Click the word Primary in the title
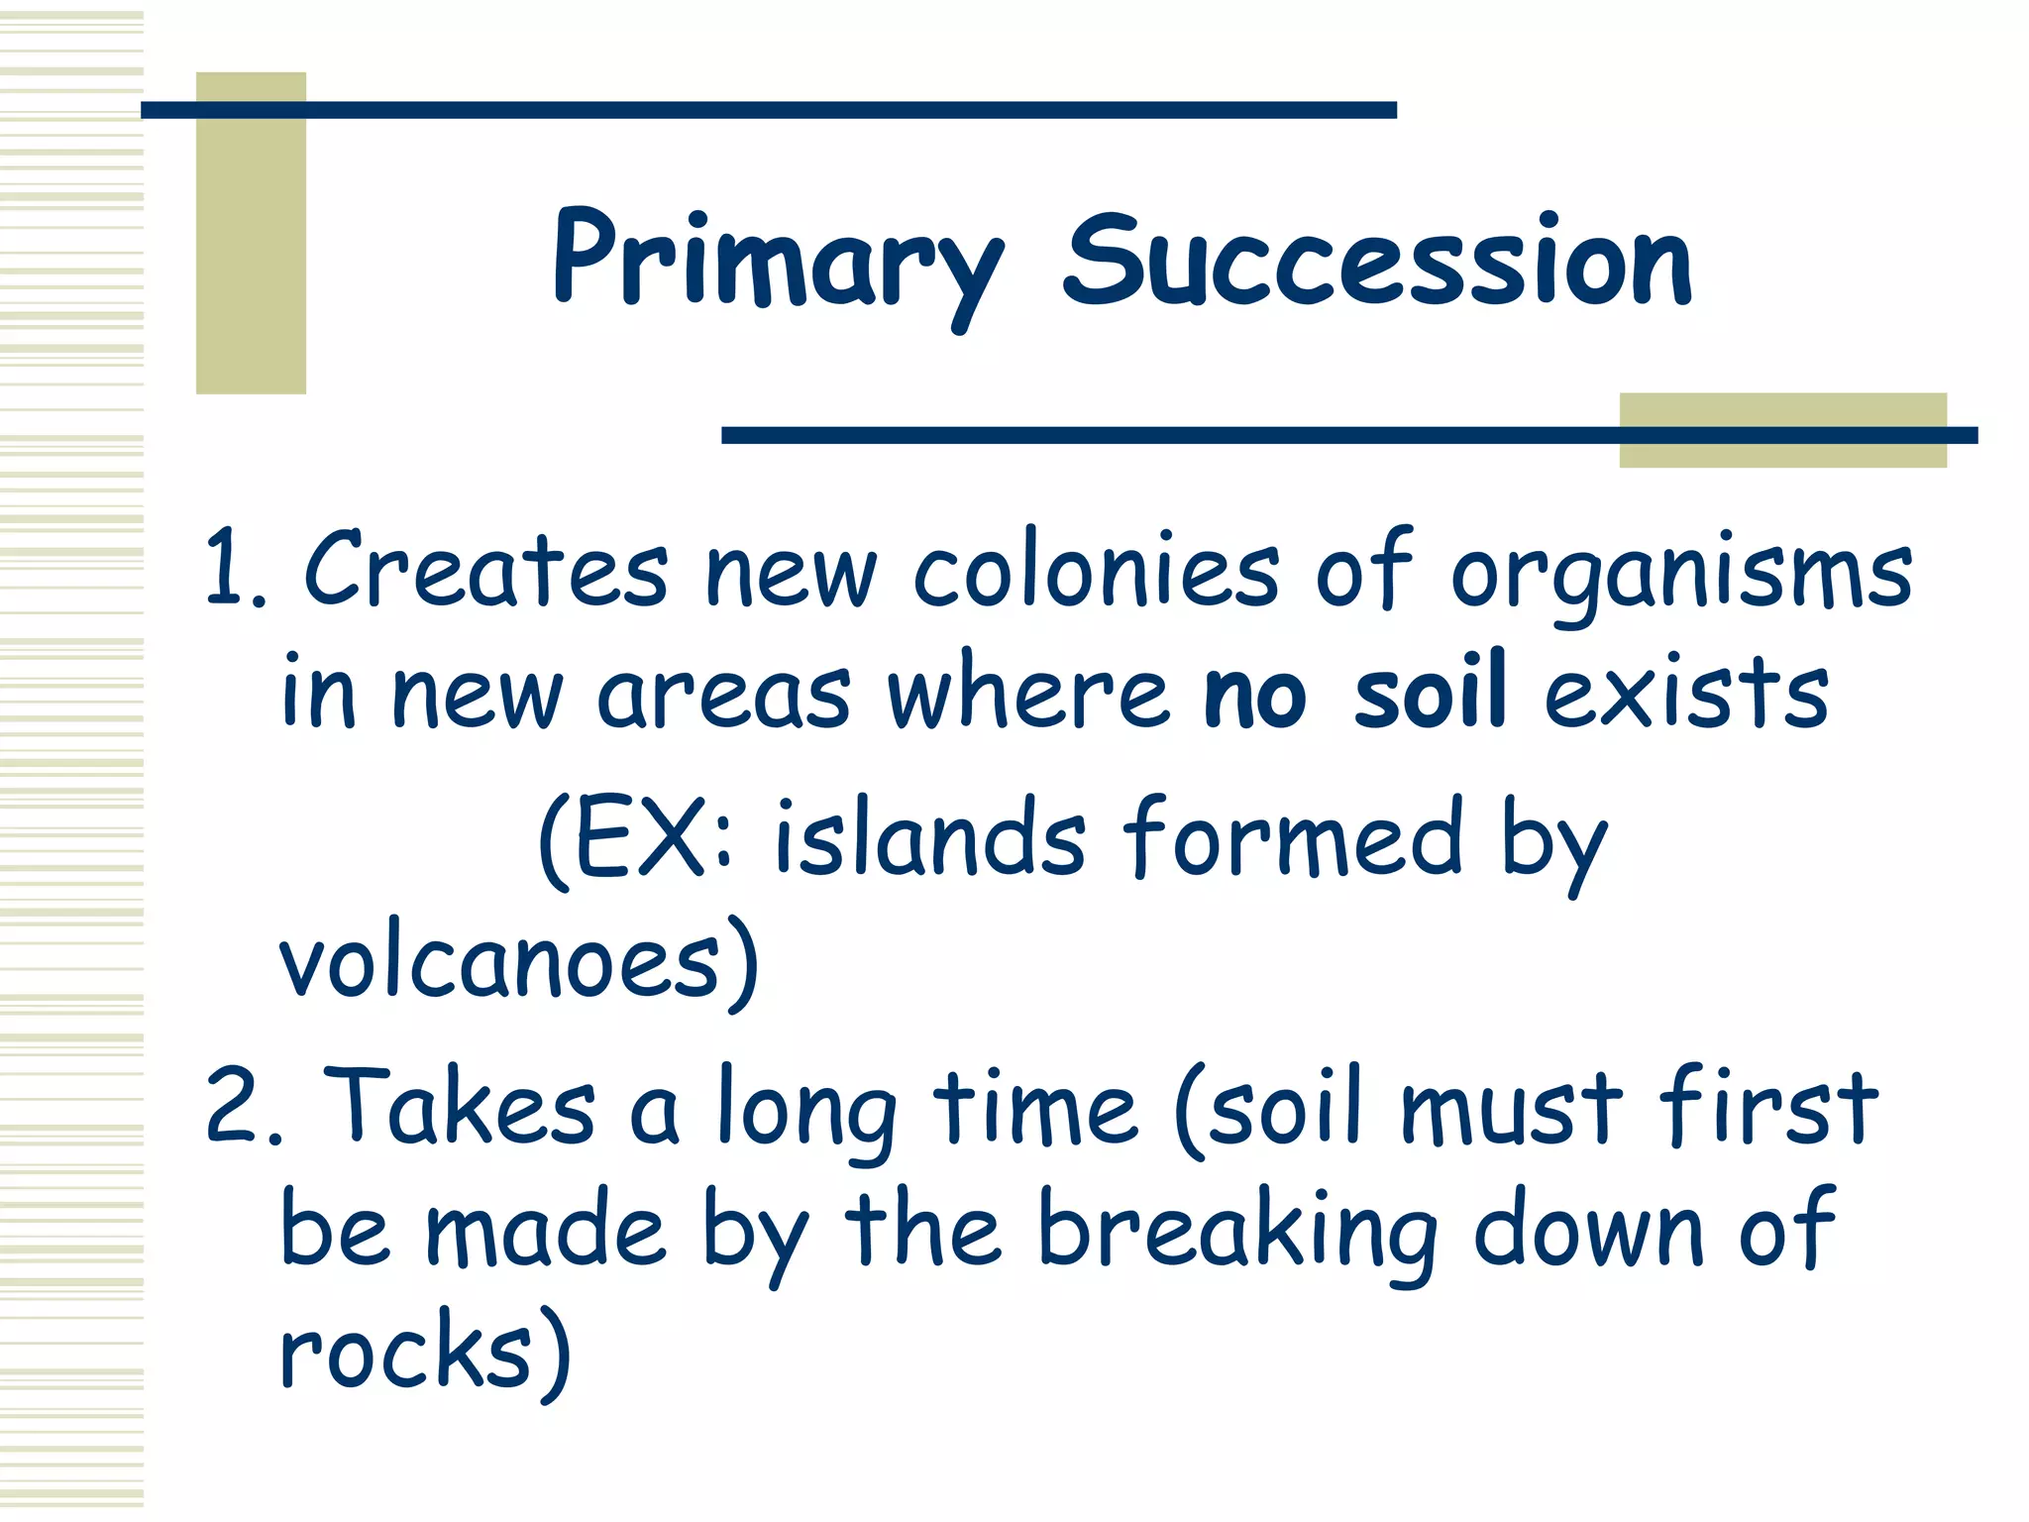(x=778, y=263)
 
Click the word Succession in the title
(x=1377, y=263)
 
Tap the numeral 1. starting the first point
(x=234, y=570)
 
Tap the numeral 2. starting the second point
(x=242, y=1108)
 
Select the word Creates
(x=485, y=570)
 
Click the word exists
(x=1686, y=691)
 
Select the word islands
(x=929, y=840)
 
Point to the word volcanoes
(x=500, y=963)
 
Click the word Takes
(x=460, y=1106)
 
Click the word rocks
(x=406, y=1354)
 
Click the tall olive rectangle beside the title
(x=251, y=233)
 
